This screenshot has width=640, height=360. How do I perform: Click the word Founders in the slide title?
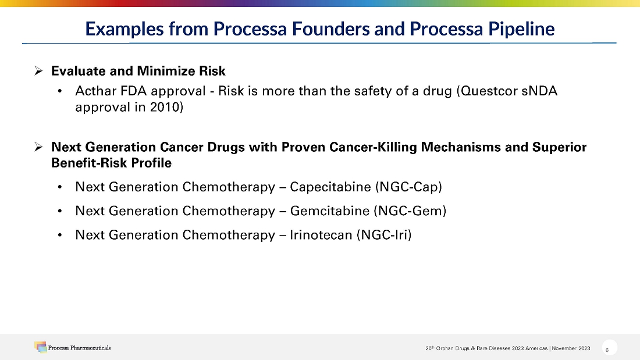click(330, 29)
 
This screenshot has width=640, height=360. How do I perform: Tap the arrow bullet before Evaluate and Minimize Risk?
click(38, 71)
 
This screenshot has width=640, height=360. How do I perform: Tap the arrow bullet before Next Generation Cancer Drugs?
click(38, 147)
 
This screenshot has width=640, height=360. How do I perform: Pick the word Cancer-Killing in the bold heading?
click(373, 147)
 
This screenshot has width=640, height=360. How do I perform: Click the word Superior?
click(559, 147)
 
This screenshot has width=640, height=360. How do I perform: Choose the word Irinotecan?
click(321, 235)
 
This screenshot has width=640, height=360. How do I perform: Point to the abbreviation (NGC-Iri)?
click(383, 235)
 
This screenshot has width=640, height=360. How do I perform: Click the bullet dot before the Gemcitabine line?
click(60, 212)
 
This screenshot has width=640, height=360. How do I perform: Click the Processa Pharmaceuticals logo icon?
click(40, 347)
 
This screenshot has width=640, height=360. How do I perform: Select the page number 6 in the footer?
click(607, 350)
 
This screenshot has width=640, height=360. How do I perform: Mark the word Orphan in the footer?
click(445, 348)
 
